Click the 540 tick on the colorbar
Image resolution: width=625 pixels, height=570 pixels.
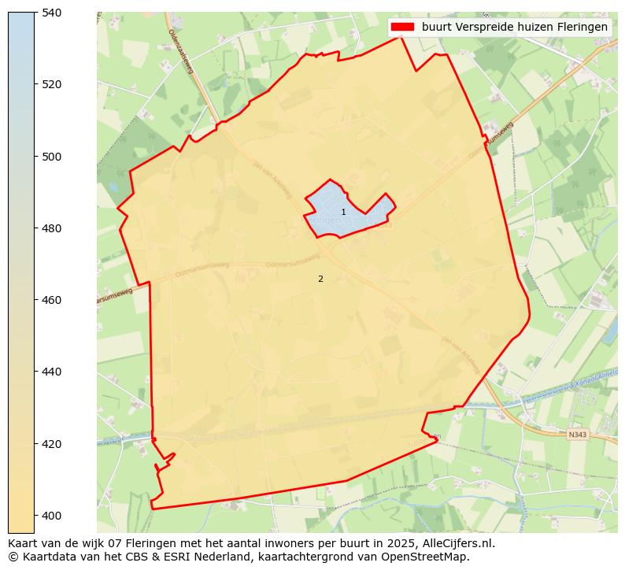coord(52,13)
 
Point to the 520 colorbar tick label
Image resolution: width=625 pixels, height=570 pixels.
coord(52,84)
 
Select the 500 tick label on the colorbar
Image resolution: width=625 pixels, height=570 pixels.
coord(52,157)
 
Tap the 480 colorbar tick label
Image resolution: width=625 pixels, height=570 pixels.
coord(52,228)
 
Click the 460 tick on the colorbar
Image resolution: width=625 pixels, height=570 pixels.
coord(52,300)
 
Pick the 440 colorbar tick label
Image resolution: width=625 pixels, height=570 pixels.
coord(52,372)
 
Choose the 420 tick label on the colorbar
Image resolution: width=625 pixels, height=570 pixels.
coord(52,444)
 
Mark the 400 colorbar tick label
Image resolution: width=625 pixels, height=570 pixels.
coord(52,516)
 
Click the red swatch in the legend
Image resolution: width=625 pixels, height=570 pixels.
coord(401,27)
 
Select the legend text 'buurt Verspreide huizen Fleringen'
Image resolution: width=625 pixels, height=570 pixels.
coord(515,27)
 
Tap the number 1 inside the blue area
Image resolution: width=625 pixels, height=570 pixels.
coord(343,213)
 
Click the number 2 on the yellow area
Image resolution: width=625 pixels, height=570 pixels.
coord(320,279)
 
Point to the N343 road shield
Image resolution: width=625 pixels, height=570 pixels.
coord(577,433)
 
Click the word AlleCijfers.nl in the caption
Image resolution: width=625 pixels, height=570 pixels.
coord(459,543)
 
